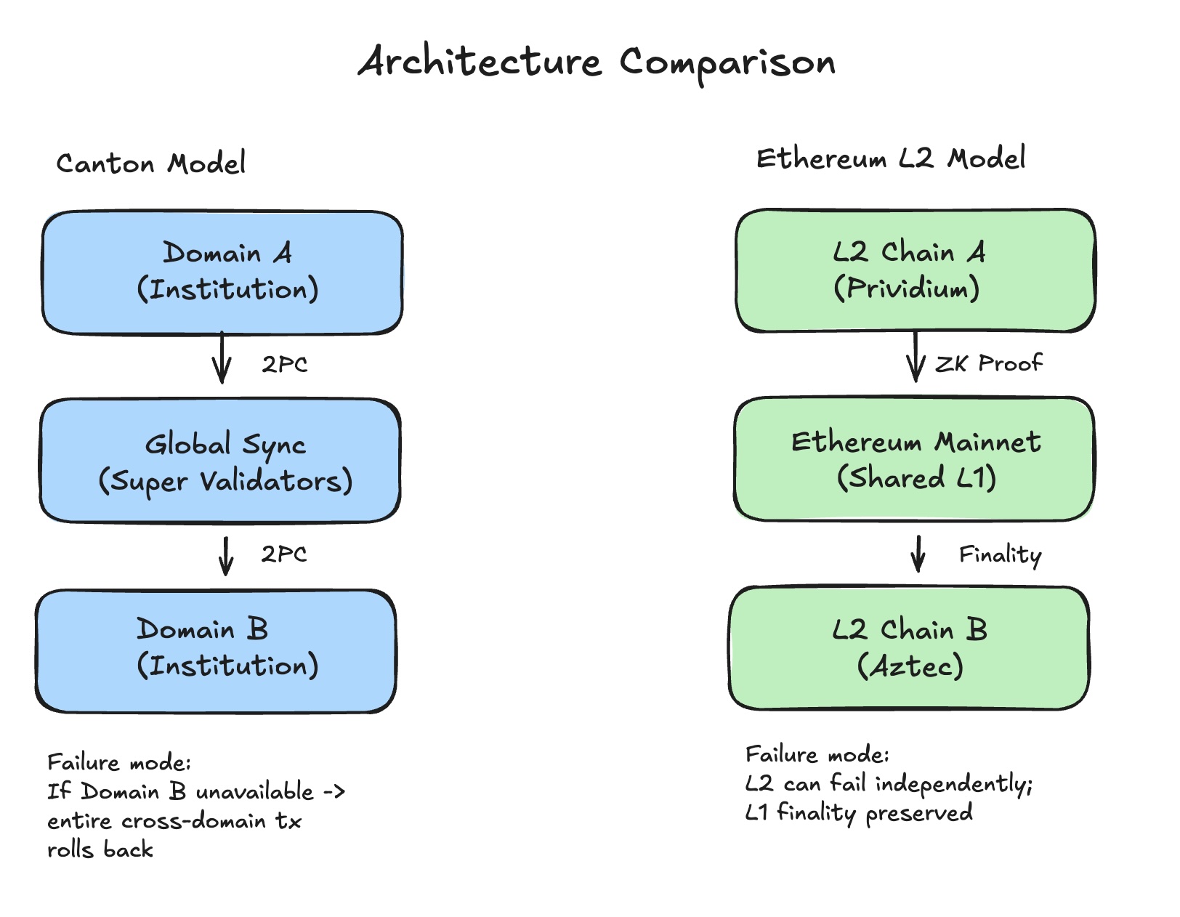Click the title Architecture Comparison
(x=597, y=62)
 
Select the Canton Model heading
(x=151, y=163)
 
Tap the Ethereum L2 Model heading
(x=890, y=158)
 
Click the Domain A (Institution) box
(x=222, y=273)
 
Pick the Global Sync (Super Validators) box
(x=220, y=461)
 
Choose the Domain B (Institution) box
(x=216, y=651)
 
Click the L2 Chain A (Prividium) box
(x=915, y=270)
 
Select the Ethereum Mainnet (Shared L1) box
(x=914, y=459)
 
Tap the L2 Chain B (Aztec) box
(x=909, y=648)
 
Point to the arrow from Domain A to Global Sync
(x=222, y=358)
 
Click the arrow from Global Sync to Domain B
(x=226, y=556)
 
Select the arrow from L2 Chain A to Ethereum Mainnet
(x=916, y=357)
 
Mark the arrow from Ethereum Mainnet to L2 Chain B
(x=918, y=554)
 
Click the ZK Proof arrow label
(x=988, y=363)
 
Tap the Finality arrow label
(x=1000, y=555)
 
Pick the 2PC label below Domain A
(x=285, y=364)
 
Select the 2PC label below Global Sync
(x=284, y=554)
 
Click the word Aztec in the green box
(x=911, y=666)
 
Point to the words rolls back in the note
(x=100, y=849)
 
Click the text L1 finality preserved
(x=859, y=812)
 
